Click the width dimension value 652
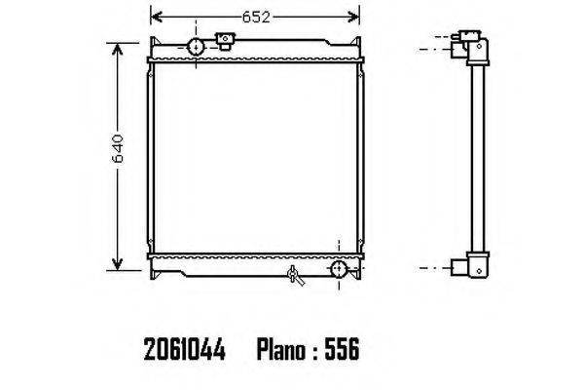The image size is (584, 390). pos(258,16)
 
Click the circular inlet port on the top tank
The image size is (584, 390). pos(196,47)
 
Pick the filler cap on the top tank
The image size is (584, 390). pos(226,41)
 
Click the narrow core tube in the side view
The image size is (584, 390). pos(477,156)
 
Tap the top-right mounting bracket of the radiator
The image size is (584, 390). pos(359,44)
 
